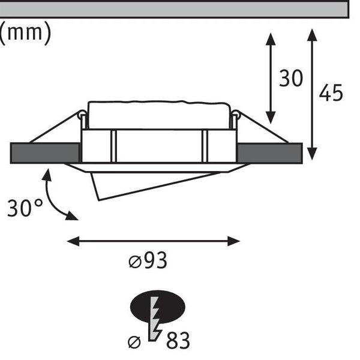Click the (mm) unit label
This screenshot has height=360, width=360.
click(25, 33)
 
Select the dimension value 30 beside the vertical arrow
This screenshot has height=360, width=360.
click(291, 78)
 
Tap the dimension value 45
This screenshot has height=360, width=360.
click(331, 93)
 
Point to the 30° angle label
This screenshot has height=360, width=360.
click(25, 208)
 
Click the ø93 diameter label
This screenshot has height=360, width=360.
click(148, 260)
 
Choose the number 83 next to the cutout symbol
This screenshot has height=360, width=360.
click(178, 340)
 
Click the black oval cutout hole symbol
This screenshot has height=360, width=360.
click(157, 307)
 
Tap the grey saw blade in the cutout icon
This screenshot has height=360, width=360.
click(155, 319)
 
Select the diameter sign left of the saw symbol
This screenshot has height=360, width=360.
click(134, 343)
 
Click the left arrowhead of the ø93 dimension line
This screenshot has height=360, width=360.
click(73, 241)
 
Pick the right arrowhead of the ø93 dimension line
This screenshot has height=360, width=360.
click(234, 241)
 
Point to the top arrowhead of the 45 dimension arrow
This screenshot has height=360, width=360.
click(312, 35)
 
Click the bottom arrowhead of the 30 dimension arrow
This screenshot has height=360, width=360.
click(271, 118)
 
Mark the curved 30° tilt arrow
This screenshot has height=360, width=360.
click(53, 198)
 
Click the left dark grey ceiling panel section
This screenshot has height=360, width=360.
click(45, 153)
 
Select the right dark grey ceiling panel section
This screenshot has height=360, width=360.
click(270, 153)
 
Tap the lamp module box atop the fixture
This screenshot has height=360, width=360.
click(159, 115)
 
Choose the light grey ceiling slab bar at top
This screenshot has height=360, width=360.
click(175, 9)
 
